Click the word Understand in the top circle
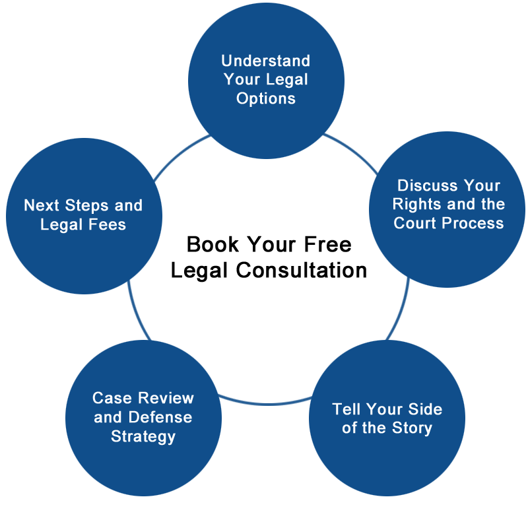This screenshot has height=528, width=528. [x=266, y=61]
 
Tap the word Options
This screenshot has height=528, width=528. [x=266, y=99]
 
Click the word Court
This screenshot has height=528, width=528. [x=416, y=223]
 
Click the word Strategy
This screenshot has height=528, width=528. [x=143, y=437]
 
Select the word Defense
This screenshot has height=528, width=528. [x=160, y=417]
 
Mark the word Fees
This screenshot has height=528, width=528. [x=108, y=224]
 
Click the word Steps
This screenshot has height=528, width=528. [x=87, y=206]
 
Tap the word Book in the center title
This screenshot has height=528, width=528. [x=213, y=244]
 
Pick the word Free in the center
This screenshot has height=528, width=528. [x=327, y=244]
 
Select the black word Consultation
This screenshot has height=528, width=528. [x=301, y=271]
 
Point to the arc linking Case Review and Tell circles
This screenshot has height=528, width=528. [x=266, y=403]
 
